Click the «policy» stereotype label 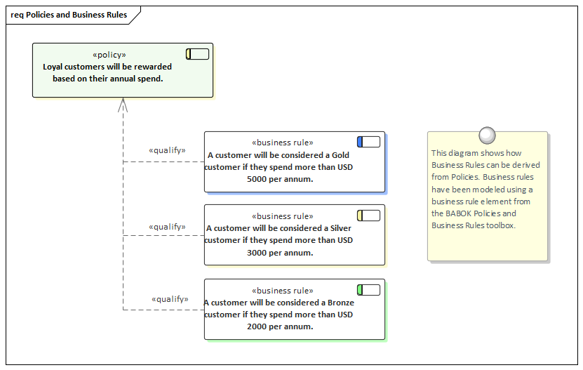[x=109, y=55]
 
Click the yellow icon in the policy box [x=197, y=54]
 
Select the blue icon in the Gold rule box [x=368, y=142]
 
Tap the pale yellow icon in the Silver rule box [x=368, y=216]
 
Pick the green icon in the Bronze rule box [x=368, y=290]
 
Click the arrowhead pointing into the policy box [x=123, y=104]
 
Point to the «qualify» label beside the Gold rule [x=167, y=150]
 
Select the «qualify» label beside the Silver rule [x=167, y=227]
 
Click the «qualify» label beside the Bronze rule [x=170, y=299]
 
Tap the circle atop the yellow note [x=487, y=136]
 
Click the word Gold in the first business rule [x=340, y=155]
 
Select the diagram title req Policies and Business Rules [x=68, y=15]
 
